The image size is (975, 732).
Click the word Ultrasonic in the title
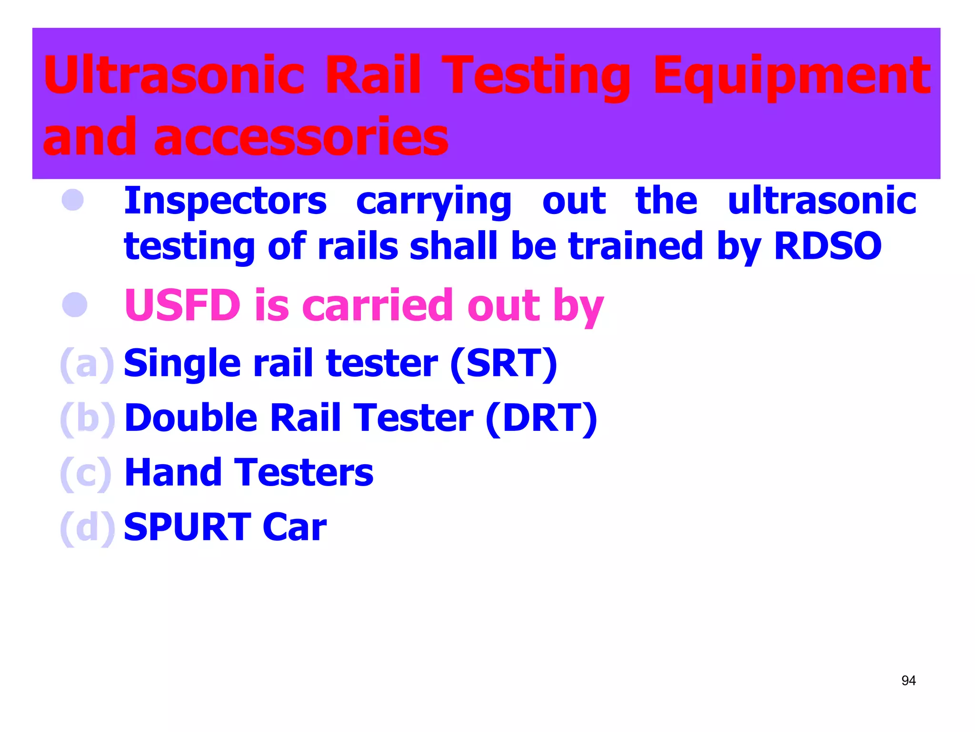pos(173,75)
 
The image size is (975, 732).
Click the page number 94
pos(908,681)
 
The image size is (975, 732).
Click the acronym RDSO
pos(827,246)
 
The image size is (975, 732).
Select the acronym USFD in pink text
pos(182,305)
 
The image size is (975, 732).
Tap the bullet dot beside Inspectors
pos(73,200)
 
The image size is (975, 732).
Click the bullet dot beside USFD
pos(75,305)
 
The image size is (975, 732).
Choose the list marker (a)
pos(87,365)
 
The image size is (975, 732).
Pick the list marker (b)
pos(87,419)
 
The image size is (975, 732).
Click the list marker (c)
pos(86,473)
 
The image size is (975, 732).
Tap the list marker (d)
pos(87,528)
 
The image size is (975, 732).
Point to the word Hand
pos(173,473)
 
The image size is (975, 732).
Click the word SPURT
pos(187,527)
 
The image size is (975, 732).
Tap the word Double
pos(191,418)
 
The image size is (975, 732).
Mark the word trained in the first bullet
pos(636,246)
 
